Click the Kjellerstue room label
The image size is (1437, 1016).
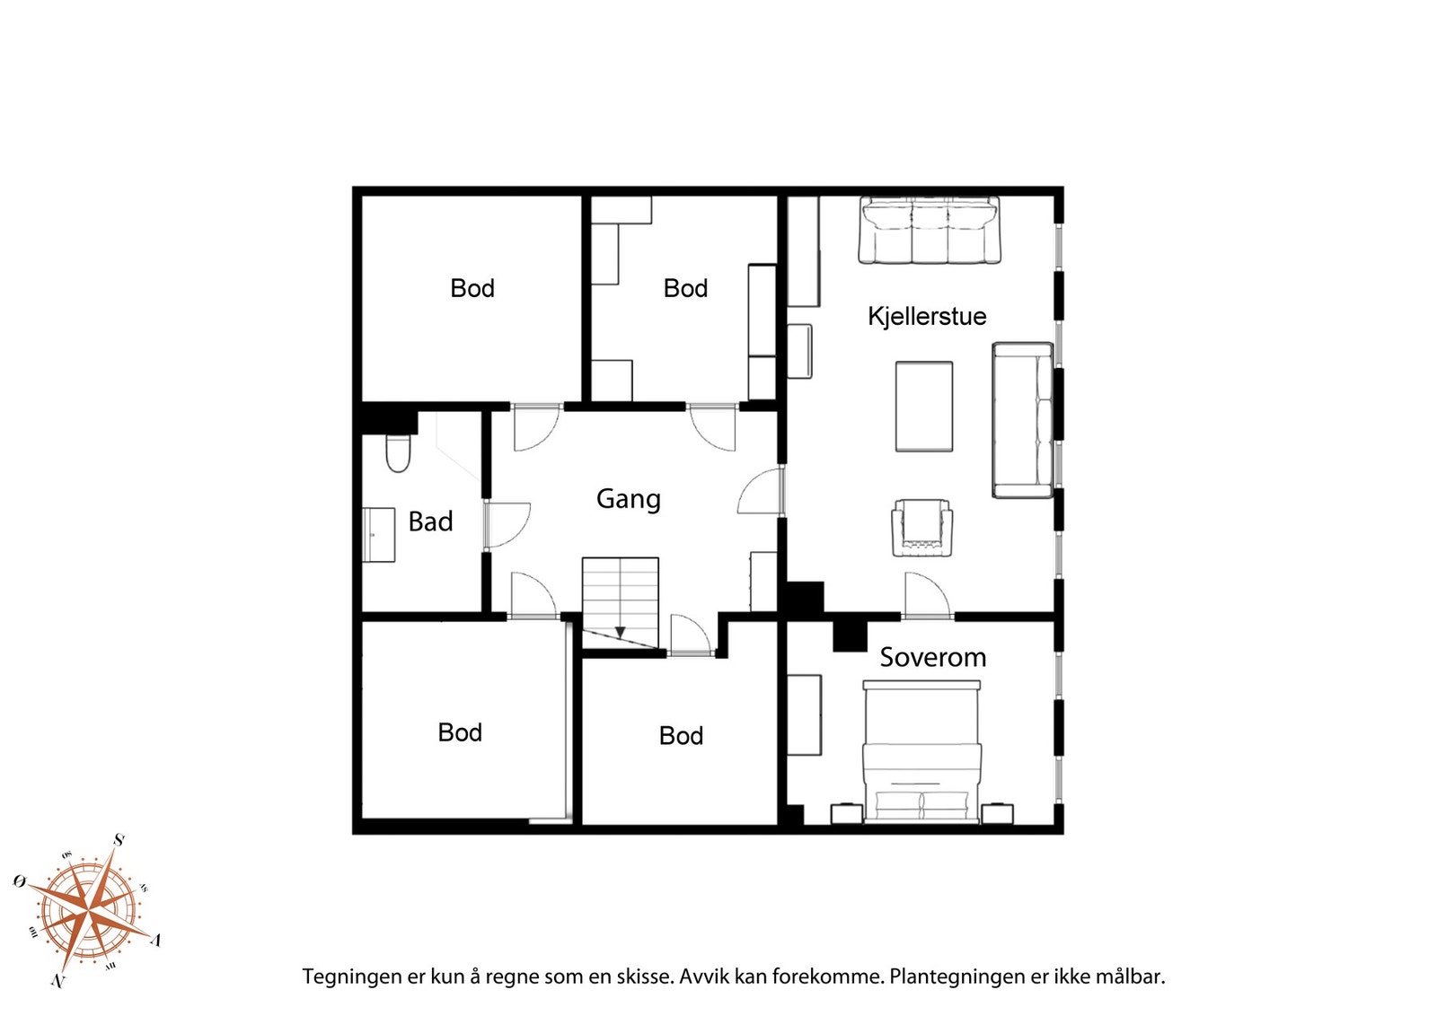pos(926,316)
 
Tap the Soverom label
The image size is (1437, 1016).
pos(932,657)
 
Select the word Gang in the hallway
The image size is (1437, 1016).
pos(628,499)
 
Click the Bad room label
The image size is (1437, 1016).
pos(430,521)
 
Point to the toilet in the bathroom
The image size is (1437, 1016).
pos(398,454)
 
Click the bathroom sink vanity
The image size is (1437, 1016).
pos(379,535)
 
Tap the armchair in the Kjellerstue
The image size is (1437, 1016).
pos(921,529)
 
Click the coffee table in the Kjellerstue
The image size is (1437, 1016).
pos(923,407)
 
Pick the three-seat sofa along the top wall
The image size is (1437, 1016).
pos(929,231)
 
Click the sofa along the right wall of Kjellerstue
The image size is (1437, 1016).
pos(1022,420)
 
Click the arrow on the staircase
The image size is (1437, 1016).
pos(620,633)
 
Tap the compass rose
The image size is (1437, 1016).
pos(87,911)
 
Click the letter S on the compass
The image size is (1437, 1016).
pos(119,840)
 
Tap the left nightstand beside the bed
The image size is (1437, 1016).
pos(846,813)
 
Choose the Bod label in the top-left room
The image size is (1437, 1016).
pos(472,288)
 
